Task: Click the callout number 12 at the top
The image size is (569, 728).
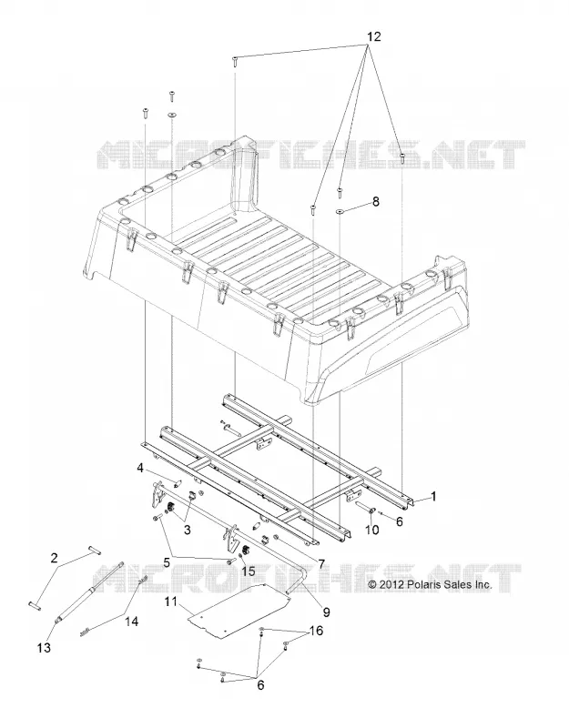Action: coord(374,36)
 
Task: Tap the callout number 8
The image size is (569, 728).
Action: coord(376,201)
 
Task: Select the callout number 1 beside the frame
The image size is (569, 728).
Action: coord(433,497)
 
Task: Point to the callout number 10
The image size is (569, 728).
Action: coord(372,530)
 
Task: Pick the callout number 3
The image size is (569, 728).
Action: coord(188,530)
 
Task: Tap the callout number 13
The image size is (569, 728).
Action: coord(44,647)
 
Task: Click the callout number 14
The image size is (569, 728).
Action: coord(132,621)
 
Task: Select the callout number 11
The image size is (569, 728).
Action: coord(170,602)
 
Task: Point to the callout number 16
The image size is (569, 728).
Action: coord(316,631)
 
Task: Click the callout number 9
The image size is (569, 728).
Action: coord(326,612)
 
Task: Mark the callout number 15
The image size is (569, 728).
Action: coord(249,571)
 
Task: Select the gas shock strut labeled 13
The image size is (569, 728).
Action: coord(88,592)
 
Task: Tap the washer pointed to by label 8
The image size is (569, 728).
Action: coord(340,212)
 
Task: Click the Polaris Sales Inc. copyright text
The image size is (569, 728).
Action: coord(430,584)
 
